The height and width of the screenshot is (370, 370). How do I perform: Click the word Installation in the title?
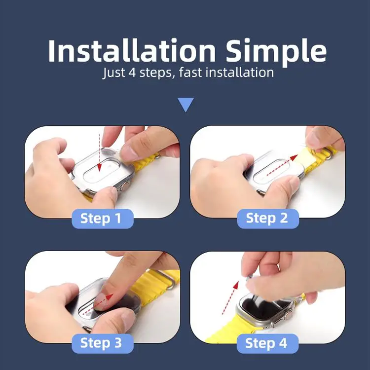pyautogui.click(x=132, y=51)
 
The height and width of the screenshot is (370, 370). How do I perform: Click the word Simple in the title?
pyautogui.click(x=276, y=53)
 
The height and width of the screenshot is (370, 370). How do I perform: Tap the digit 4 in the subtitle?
pyautogui.click(x=132, y=73)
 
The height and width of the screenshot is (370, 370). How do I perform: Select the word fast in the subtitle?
pyautogui.click(x=190, y=72)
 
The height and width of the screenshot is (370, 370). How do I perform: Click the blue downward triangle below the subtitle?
pyautogui.click(x=185, y=104)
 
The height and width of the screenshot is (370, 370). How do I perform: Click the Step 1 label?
pyautogui.click(x=103, y=219)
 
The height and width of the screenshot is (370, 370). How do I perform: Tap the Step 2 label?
pyautogui.click(x=268, y=219)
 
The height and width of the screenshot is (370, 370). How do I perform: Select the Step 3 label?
pyautogui.click(x=103, y=343)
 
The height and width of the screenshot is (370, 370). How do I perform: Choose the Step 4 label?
pyautogui.click(x=267, y=343)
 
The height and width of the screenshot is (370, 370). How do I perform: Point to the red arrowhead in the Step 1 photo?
pyautogui.click(x=99, y=167)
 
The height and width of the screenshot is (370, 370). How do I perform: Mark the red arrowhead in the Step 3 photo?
pyautogui.click(x=110, y=296)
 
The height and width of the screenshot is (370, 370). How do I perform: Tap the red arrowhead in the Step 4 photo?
pyautogui.click(x=236, y=286)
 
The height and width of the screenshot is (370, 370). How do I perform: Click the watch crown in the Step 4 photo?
pyautogui.click(x=288, y=315)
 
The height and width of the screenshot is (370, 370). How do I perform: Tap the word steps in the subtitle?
pyautogui.click(x=156, y=73)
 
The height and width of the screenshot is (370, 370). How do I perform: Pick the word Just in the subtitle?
pyautogui.click(x=113, y=73)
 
